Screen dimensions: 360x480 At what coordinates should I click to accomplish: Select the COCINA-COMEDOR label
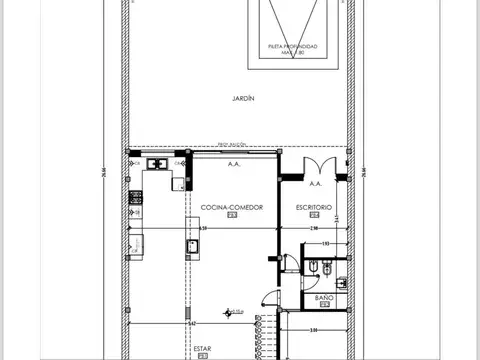(x=232, y=206)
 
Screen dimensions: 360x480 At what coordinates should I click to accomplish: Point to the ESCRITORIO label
(x=314, y=206)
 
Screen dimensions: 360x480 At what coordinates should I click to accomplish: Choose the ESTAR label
(x=203, y=349)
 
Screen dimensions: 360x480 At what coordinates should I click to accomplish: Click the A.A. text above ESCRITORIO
(x=315, y=184)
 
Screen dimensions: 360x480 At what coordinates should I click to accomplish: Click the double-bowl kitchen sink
(x=157, y=163)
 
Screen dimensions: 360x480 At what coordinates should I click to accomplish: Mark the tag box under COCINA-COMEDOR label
(x=232, y=214)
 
